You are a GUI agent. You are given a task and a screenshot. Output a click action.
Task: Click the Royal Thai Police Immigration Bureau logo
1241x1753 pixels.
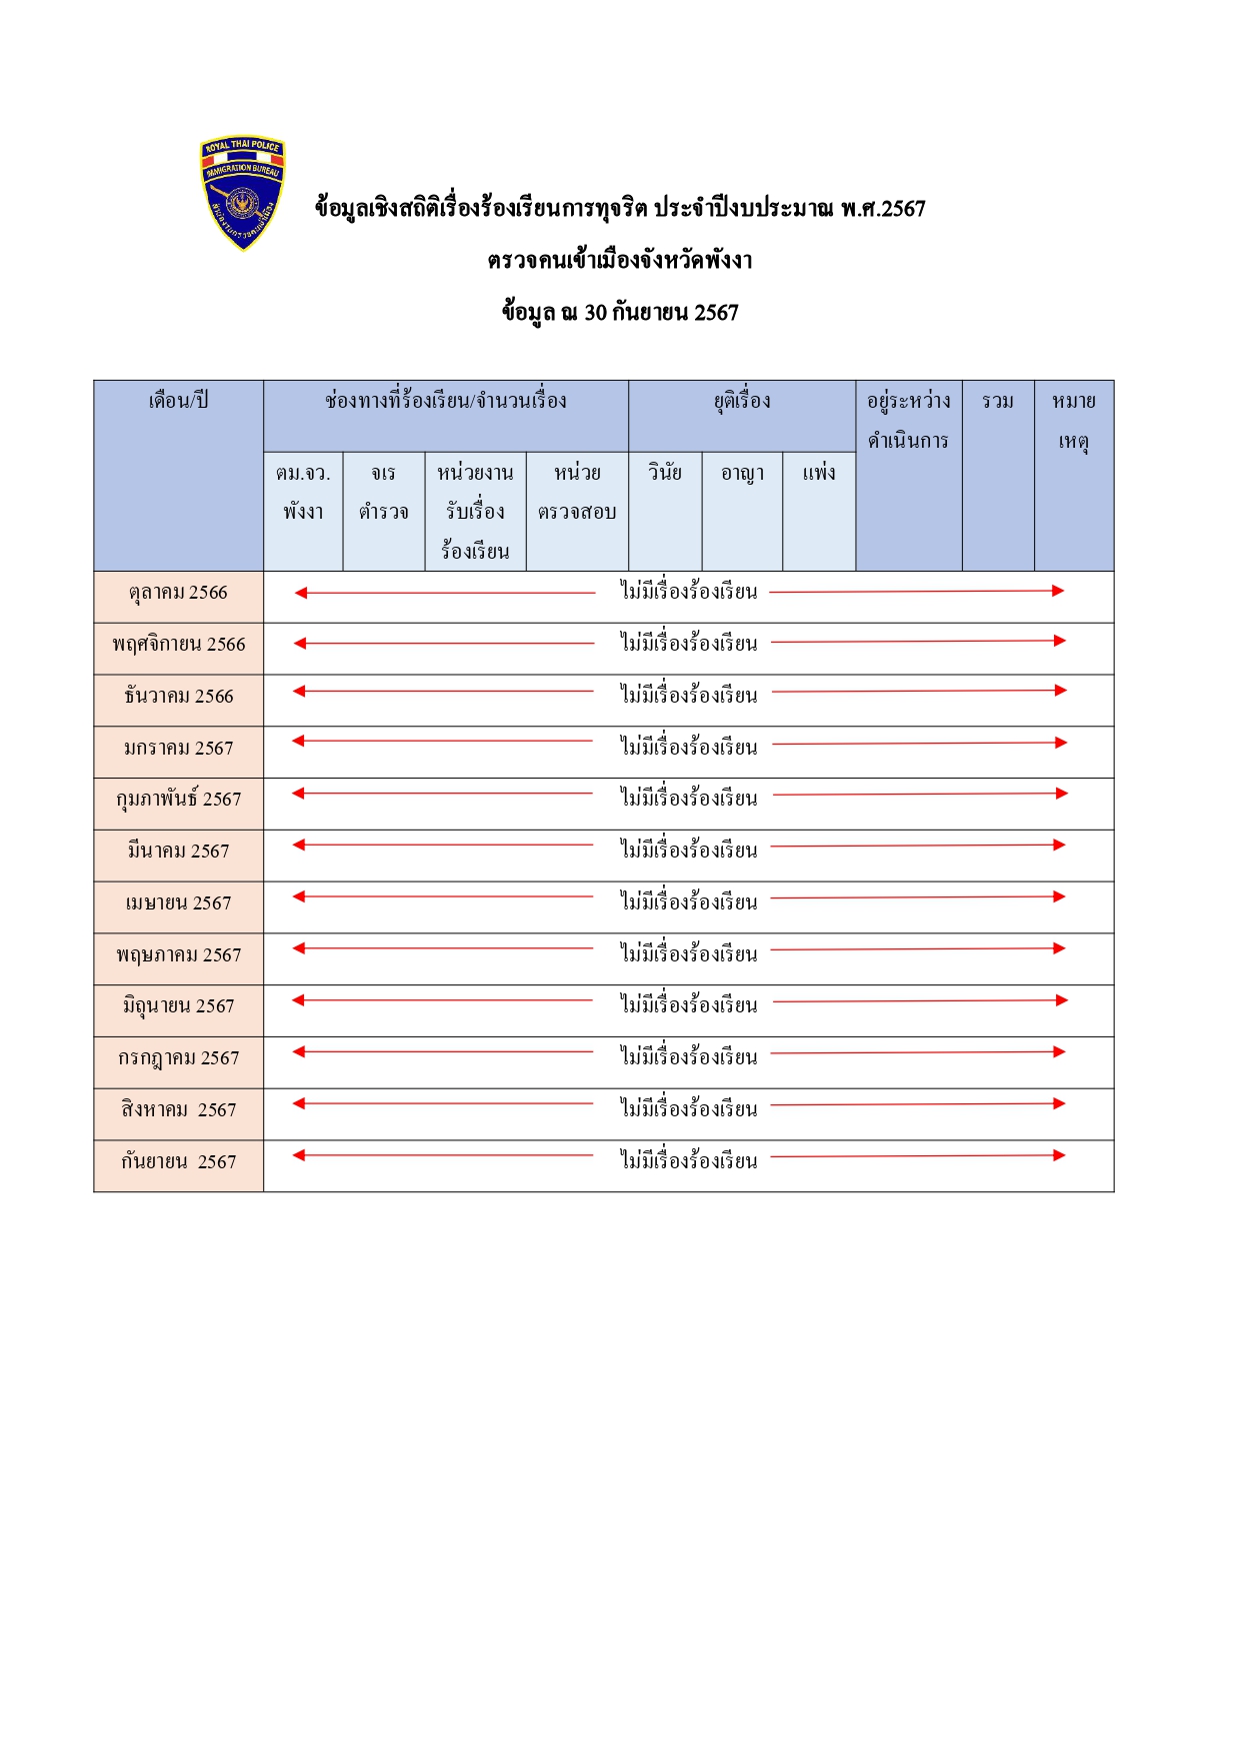pyautogui.click(x=242, y=193)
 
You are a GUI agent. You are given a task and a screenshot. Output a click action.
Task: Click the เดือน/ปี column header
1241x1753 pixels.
pyautogui.click(x=178, y=402)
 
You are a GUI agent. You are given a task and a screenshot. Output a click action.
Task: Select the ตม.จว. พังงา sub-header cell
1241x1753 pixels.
pyautogui.click(x=303, y=492)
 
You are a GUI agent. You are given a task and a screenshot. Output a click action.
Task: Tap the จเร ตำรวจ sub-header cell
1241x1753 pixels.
pyautogui.click(x=383, y=492)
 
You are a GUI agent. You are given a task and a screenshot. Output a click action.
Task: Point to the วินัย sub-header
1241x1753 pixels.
pyautogui.click(x=665, y=473)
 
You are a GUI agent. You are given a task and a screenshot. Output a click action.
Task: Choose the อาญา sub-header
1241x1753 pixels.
pyautogui.click(x=742, y=473)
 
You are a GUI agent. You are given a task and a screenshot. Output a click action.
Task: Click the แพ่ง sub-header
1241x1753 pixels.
pyautogui.click(x=819, y=473)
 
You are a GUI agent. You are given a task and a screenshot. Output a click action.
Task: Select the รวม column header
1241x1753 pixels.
pyautogui.click(x=998, y=402)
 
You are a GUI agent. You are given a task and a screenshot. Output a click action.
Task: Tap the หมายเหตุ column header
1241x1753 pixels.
pyautogui.click(x=1074, y=421)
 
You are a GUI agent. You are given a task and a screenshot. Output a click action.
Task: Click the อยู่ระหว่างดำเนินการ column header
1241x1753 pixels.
pyautogui.click(x=908, y=421)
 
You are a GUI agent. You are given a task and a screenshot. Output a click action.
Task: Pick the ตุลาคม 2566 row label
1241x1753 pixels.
pyautogui.click(x=178, y=593)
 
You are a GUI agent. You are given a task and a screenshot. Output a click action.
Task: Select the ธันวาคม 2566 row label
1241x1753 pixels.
pyautogui.click(x=178, y=697)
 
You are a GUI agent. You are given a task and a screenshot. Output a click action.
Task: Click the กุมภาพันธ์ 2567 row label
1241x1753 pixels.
pyautogui.click(x=178, y=800)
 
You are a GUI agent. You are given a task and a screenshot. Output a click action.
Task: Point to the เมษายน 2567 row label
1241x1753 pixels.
pyautogui.click(x=178, y=903)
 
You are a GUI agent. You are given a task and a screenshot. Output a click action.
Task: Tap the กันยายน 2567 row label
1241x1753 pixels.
pyautogui.click(x=178, y=1162)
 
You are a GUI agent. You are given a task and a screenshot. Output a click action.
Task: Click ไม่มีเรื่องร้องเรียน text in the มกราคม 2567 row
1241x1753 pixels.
pyautogui.click(x=688, y=748)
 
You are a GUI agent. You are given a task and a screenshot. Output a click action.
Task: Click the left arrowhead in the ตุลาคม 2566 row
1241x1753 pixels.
pyautogui.click(x=301, y=593)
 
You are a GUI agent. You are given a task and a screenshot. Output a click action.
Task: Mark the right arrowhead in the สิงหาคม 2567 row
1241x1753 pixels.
pyautogui.click(x=1059, y=1104)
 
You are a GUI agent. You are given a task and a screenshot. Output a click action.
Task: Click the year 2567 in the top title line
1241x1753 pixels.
pyautogui.click(x=903, y=209)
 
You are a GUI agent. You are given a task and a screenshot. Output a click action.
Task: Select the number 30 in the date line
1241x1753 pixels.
pyautogui.click(x=595, y=313)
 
